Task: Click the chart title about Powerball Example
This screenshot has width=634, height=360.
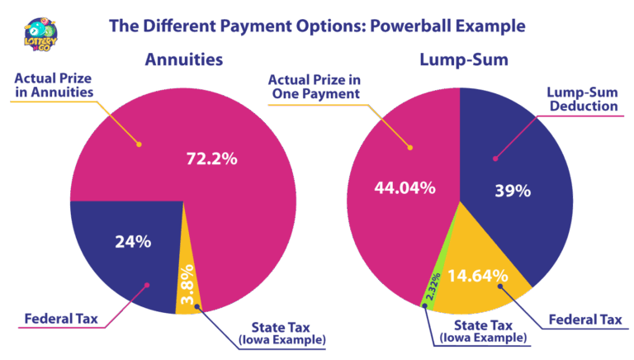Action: pos(317,26)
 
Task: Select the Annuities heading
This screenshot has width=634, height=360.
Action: pos(183,60)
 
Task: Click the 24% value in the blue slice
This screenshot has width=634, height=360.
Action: pos(133,241)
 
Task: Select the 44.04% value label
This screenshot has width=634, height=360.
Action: pos(405,187)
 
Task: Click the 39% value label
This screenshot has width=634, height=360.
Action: pos(513,190)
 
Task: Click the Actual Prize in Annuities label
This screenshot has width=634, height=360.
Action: pos(53,86)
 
